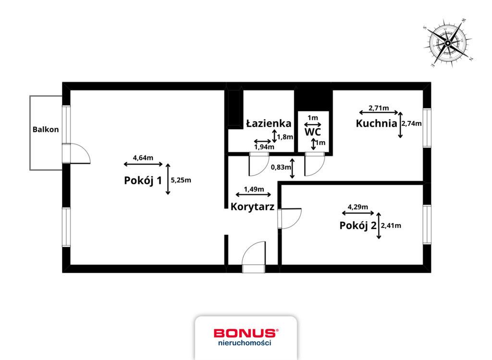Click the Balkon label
(x=46, y=129)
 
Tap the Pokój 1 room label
(x=143, y=180)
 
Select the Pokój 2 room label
(x=357, y=225)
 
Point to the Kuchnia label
(x=376, y=123)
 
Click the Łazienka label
(x=269, y=123)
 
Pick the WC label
(x=312, y=132)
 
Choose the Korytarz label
(x=252, y=207)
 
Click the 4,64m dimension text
(x=143, y=158)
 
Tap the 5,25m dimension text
(x=181, y=180)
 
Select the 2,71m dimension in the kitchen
(x=379, y=108)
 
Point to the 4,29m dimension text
(x=358, y=207)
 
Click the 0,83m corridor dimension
(x=281, y=167)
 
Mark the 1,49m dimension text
(x=254, y=189)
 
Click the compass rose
(x=448, y=43)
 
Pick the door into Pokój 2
(x=290, y=218)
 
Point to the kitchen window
(x=427, y=128)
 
